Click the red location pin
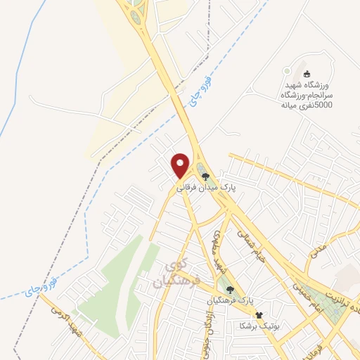pos(181,165)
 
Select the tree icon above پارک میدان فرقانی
pos(205,176)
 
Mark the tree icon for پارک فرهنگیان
pos(228,290)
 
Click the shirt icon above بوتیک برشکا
pos(259,314)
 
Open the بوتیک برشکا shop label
pos(259,326)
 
